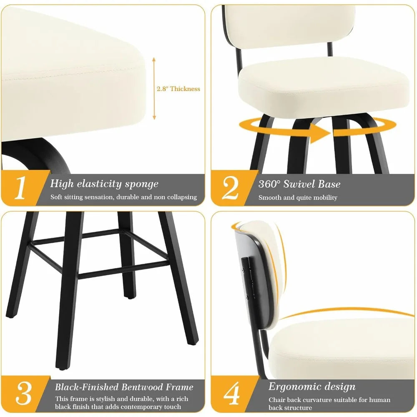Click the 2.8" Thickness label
[178, 89]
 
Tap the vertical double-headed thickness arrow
[154, 88]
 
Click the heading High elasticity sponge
[104, 184]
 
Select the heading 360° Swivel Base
[299, 184]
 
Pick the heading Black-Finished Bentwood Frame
[124, 387]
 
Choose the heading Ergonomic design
[311, 387]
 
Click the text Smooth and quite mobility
[298, 198]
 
